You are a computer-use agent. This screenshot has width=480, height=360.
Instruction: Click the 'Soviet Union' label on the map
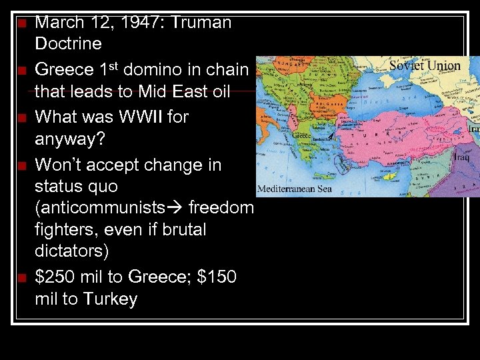424,66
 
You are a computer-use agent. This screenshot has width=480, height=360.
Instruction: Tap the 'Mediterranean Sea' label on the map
294,189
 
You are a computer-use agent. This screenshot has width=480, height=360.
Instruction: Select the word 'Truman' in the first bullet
201,22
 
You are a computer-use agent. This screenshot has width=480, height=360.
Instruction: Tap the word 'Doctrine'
68,44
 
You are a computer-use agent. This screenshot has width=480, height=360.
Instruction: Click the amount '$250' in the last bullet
59,277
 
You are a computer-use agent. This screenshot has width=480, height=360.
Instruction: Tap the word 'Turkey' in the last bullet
110,299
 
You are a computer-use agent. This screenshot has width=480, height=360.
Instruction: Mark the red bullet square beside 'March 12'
22,23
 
